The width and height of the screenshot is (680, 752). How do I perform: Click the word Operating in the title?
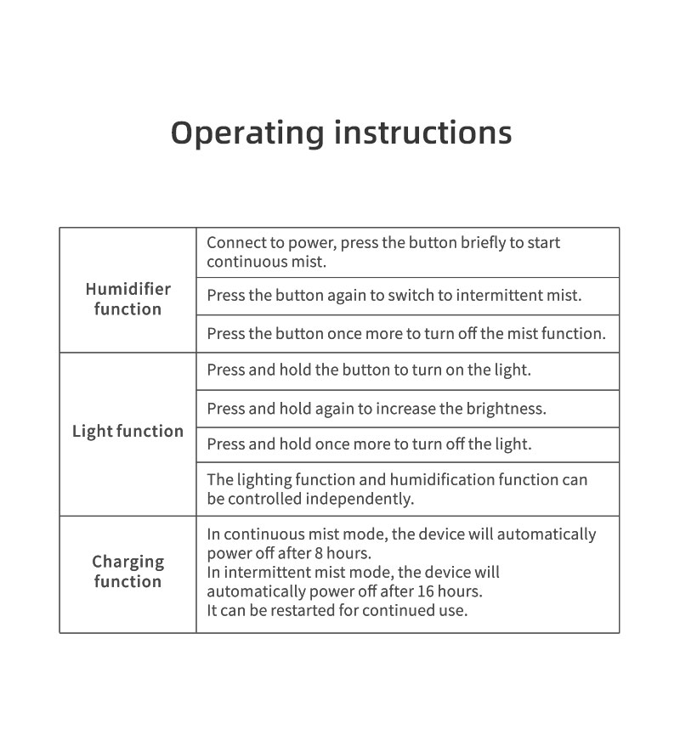[x=247, y=133]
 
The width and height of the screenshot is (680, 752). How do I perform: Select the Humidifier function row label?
[x=127, y=299]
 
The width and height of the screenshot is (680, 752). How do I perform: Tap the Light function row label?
[x=127, y=431]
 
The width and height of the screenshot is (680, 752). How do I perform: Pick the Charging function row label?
[x=127, y=571]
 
